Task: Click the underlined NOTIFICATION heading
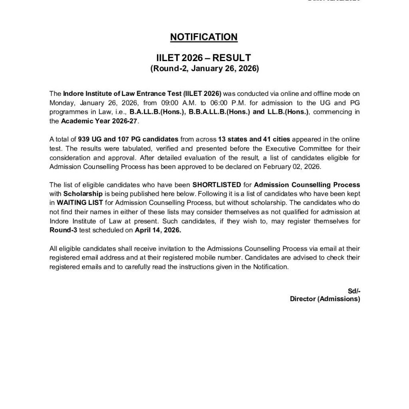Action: click(x=204, y=37)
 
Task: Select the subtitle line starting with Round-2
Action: click(x=204, y=68)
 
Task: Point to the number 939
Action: click(x=83, y=139)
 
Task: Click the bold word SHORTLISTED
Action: click(x=216, y=185)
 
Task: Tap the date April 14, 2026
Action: click(x=157, y=230)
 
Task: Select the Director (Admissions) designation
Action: click(x=325, y=299)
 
